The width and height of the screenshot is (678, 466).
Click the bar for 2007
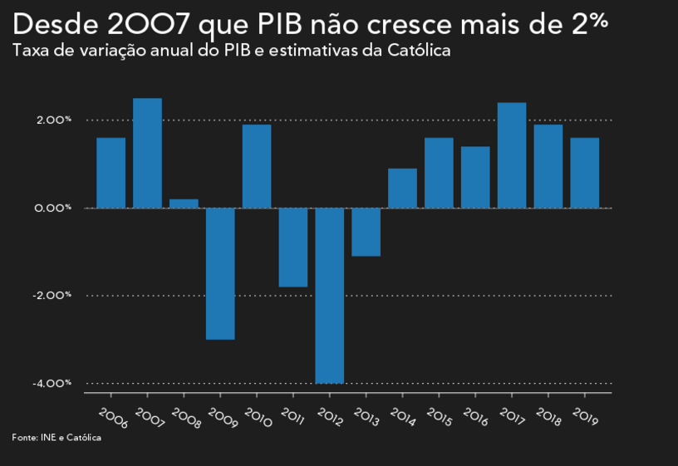(147, 153)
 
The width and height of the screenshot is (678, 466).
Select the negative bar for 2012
(329, 295)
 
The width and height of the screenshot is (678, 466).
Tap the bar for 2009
(220, 273)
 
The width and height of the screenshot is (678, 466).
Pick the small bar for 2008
(184, 203)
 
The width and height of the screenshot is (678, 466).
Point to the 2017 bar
(512, 155)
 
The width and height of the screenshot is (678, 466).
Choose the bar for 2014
(402, 188)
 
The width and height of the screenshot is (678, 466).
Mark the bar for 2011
(293, 247)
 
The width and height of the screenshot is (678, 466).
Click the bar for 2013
(366, 232)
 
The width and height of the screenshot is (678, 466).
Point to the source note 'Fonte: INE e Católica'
(56, 437)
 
